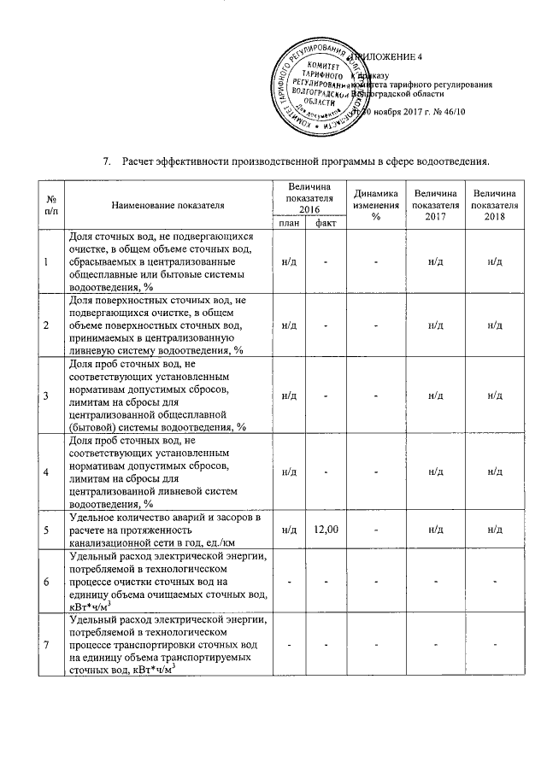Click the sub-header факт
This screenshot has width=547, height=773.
click(x=326, y=223)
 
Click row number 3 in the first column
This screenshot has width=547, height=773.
click(x=45, y=395)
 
